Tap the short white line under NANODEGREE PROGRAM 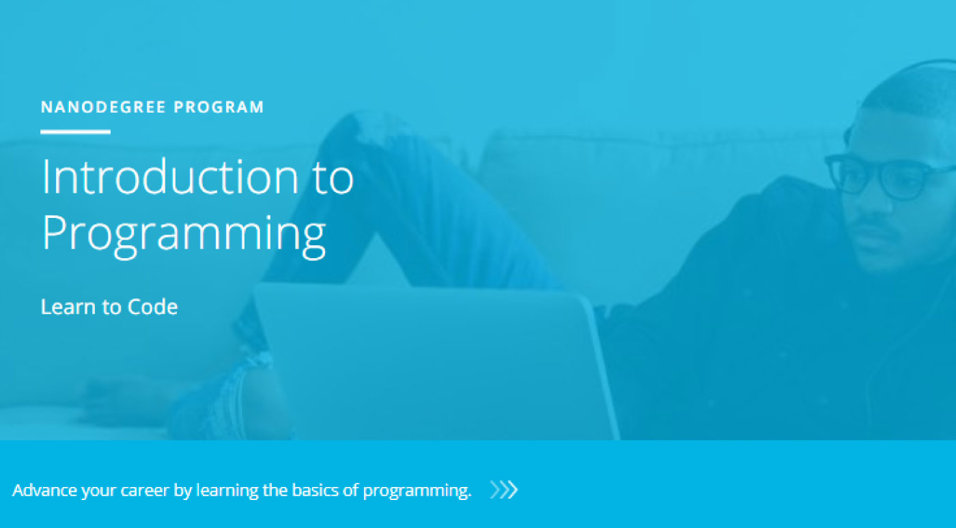point(75,132)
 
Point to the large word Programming point(183,234)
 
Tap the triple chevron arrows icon point(504,490)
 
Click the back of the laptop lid point(430,355)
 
